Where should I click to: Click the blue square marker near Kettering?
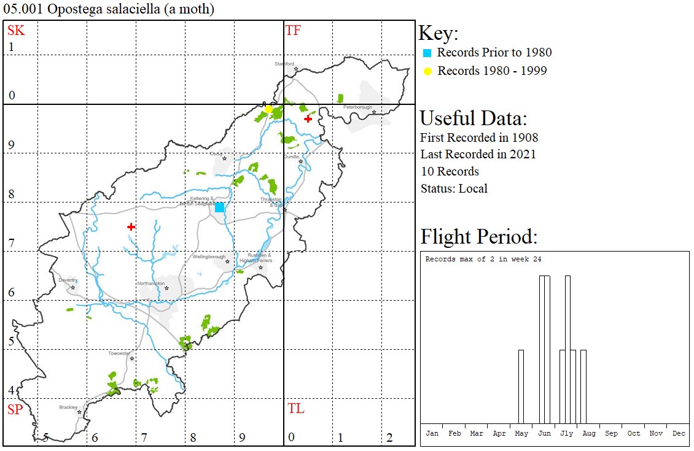click(219, 207)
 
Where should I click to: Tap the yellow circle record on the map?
click(268, 109)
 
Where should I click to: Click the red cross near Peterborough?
click(308, 119)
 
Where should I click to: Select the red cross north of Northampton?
click(131, 227)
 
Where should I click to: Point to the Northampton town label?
click(150, 283)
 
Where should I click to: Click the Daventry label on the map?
click(68, 280)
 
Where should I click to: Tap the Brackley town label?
click(68, 407)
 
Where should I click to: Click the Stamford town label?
click(284, 64)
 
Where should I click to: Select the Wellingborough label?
click(209, 257)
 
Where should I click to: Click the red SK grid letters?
click(16, 31)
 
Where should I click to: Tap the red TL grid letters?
click(295, 409)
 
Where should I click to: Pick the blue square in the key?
click(427, 53)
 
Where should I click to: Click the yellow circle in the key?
click(427, 71)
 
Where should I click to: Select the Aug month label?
click(589, 433)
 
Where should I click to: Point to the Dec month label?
click(679, 433)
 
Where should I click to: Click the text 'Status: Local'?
click(454, 188)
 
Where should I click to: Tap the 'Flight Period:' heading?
click(478, 237)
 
